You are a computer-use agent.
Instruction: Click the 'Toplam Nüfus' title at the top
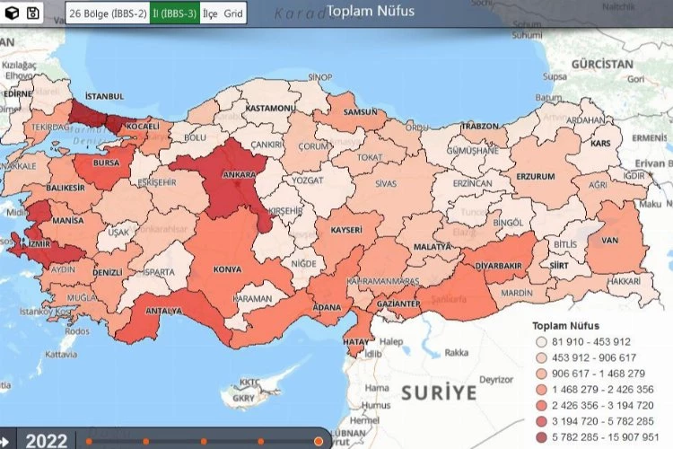pyautogui.click(x=370, y=12)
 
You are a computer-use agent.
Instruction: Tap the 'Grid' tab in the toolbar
pyautogui.click(x=233, y=13)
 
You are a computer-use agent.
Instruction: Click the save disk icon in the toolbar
pyautogui.click(x=33, y=13)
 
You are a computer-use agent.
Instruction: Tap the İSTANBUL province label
pyautogui.click(x=103, y=95)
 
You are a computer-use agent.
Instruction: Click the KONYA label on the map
pyautogui.click(x=227, y=269)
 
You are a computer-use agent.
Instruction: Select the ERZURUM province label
pyautogui.click(x=536, y=176)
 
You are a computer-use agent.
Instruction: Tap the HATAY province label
pyautogui.click(x=356, y=341)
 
